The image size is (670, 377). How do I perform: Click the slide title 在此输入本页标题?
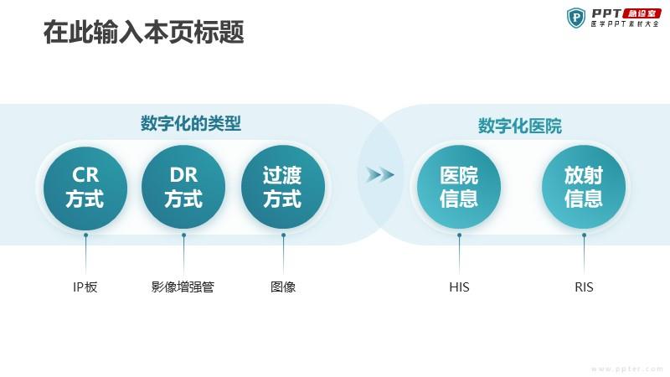pos(143,32)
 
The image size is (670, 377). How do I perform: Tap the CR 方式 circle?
pos(85,187)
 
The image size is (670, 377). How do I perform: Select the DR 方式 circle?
pos(183,187)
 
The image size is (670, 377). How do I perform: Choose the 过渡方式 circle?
pos(283,187)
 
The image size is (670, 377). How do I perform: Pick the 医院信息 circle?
pos(459,187)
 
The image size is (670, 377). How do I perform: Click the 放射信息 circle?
pos(584,187)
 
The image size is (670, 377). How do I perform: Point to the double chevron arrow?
pos(380,175)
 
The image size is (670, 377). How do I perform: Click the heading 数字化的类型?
pos(191,123)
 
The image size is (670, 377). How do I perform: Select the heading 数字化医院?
pos(519,127)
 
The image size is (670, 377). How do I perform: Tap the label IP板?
pos(85,287)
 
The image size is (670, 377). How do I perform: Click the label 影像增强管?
pos(183,287)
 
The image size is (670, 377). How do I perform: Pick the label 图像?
pos(283,287)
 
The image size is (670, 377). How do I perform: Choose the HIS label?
pos(459,287)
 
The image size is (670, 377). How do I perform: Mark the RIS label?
pos(584,287)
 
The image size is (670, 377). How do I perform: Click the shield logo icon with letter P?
pos(576,18)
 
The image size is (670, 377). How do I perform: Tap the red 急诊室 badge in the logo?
pos(642,13)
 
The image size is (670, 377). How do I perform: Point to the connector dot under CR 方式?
pos(86,235)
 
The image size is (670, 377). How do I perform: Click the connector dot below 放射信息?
pos(584,235)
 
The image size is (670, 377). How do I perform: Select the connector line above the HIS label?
pos(459,255)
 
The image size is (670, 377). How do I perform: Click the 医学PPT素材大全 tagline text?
pos(625,24)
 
